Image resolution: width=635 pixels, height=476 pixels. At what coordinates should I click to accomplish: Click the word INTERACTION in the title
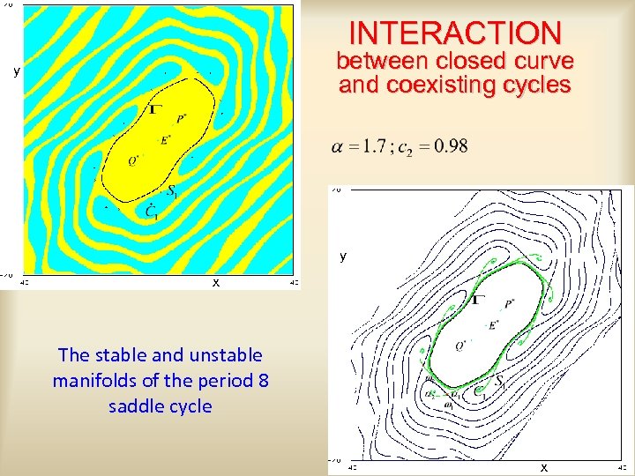tap(455, 33)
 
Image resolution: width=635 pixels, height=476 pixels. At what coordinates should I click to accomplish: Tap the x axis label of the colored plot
tap(215, 282)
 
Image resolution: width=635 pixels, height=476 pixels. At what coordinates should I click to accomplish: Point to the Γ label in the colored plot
tap(156, 109)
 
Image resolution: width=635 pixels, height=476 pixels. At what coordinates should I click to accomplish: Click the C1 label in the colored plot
tap(152, 211)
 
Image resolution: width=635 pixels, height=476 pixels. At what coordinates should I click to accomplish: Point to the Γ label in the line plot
tap(477, 300)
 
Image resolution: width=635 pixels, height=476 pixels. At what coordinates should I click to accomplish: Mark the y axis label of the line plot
tap(344, 257)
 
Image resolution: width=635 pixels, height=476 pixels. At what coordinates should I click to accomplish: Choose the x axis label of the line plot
tap(543, 467)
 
